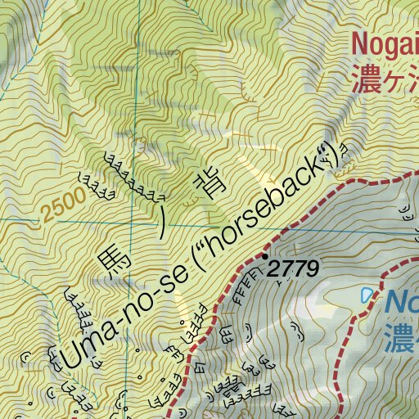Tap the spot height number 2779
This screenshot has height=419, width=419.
pyautogui.click(x=293, y=268)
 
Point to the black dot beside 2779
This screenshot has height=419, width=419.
pyautogui.click(x=264, y=256)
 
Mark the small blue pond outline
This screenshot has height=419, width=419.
pyautogui.click(x=366, y=295)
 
